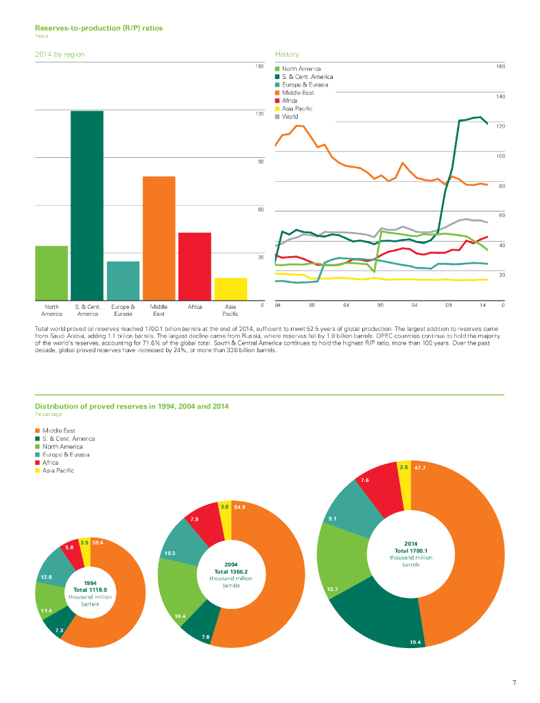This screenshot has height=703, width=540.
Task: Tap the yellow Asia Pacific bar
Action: click(231, 288)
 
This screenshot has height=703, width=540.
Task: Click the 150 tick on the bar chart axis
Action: click(259, 66)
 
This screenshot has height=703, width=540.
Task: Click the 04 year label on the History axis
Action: click(415, 304)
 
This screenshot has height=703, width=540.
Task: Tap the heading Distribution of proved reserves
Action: click(132, 406)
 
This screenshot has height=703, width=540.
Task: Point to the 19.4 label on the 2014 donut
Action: click(415, 642)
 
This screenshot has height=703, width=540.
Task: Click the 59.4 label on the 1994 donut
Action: click(97, 542)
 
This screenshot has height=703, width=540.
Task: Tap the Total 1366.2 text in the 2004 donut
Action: click(231, 571)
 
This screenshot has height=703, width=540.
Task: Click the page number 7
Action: click(514, 682)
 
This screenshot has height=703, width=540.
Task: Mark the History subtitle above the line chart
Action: click(287, 54)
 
